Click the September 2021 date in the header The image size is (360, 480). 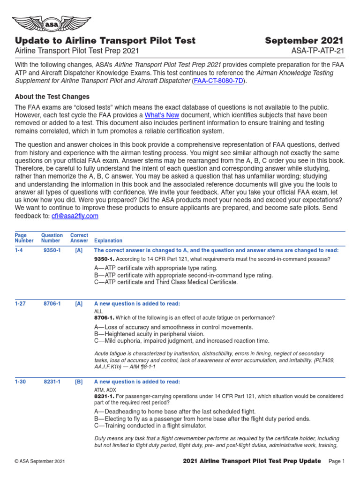coord(304,41)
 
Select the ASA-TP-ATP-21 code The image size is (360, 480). coord(318,51)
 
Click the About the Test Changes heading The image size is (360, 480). coord(52,97)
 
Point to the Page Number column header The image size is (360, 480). coord(24,238)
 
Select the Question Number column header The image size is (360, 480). coord(52,238)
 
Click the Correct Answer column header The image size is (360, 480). coord(79,238)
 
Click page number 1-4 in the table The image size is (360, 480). coord(20,250)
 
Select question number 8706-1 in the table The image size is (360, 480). coord(52,304)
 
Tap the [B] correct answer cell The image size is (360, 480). coord(79,382)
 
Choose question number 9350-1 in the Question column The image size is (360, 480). coord(52,250)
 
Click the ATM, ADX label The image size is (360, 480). coord(105,390)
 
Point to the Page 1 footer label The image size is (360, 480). coord(337,462)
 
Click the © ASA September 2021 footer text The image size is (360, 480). coord(40,462)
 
